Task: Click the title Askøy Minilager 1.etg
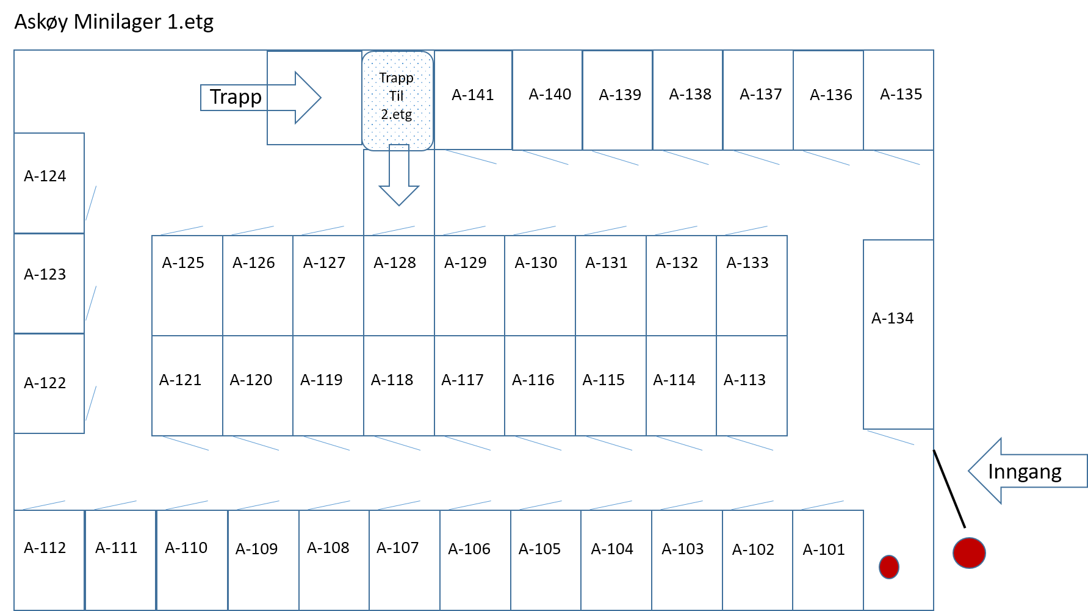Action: [x=114, y=22]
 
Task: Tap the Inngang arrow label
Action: [x=1025, y=472]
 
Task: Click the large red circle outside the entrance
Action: [x=969, y=553]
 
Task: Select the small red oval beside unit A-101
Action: [x=889, y=567]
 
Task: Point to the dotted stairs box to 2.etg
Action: [x=397, y=101]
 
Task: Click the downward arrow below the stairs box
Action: [x=399, y=175]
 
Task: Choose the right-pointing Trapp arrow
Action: [x=261, y=98]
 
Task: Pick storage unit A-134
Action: [x=898, y=334]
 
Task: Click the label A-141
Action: [x=473, y=95]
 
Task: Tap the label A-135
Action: [x=901, y=95]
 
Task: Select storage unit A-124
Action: [x=49, y=183]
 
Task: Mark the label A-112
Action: [x=45, y=548]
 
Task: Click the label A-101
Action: [x=824, y=550]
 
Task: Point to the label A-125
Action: [x=183, y=263]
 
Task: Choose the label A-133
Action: [x=748, y=263]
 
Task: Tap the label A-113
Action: [x=744, y=380]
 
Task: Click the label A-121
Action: [x=180, y=380]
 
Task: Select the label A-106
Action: [x=469, y=549]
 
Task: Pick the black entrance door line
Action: [x=949, y=489]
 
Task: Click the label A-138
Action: [x=690, y=95]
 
